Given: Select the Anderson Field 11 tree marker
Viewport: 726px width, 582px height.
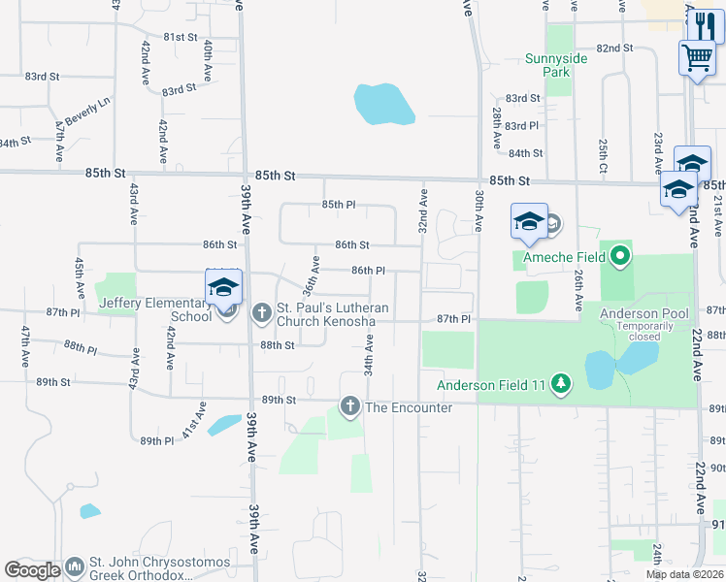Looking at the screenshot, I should (560, 384).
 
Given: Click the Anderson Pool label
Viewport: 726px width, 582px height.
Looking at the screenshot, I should (644, 313).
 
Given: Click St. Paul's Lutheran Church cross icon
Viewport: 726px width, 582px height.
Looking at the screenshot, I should (261, 312).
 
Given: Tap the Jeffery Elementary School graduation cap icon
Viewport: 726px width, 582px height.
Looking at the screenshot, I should (223, 288).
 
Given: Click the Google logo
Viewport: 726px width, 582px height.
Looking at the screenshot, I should (32, 570).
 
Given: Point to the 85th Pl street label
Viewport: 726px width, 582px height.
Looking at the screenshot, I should (340, 205).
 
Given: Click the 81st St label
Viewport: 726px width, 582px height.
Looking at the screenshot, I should (180, 37).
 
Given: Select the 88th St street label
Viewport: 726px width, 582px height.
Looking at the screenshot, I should (277, 344).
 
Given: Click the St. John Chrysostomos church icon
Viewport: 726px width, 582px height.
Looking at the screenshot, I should (75, 566).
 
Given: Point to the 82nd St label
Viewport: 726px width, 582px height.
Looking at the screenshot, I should (614, 48).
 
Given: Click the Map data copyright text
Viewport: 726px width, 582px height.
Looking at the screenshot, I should (685, 574).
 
